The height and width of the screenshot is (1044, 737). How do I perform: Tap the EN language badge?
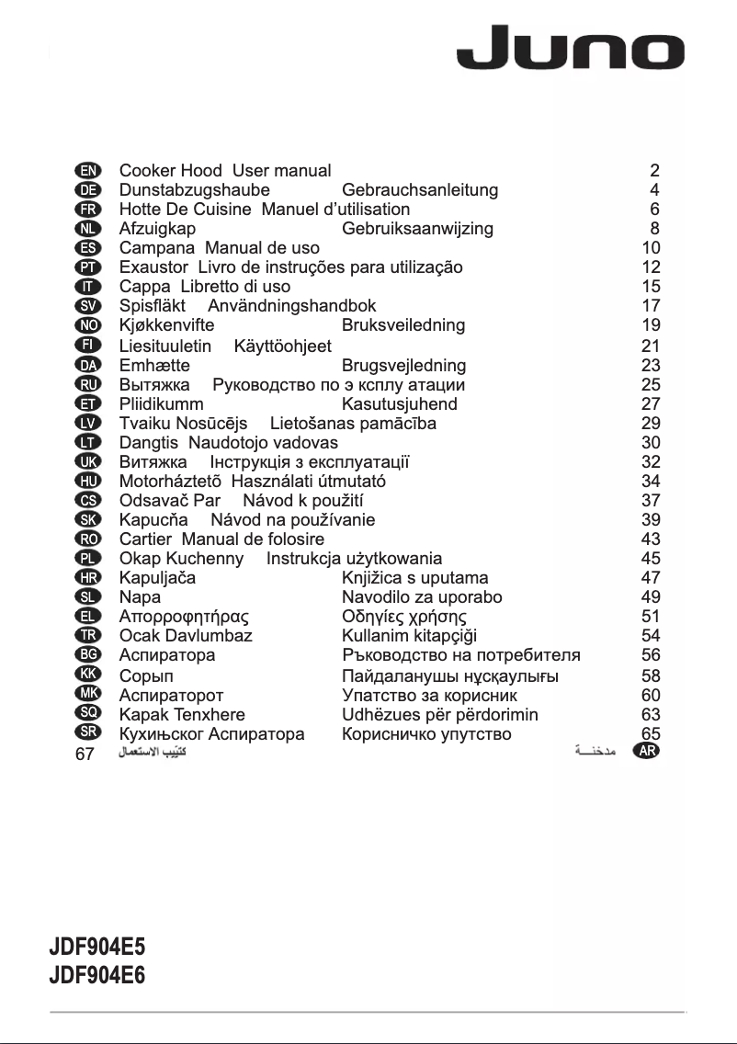[x=89, y=171]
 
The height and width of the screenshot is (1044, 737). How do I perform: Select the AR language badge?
[x=647, y=751]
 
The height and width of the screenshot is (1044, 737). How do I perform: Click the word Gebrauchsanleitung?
[x=420, y=190]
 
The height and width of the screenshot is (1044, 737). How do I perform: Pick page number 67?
[x=85, y=754]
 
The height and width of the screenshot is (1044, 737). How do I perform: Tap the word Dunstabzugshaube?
[x=195, y=190]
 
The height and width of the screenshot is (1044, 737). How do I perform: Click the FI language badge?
[x=89, y=345]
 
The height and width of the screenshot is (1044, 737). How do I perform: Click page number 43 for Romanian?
[x=651, y=539]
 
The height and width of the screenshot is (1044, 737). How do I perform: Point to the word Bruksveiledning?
[x=403, y=325]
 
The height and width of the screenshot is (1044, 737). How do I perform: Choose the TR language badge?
[x=89, y=635]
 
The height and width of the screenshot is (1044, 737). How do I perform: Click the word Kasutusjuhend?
[x=400, y=403]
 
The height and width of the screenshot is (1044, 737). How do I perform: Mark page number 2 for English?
[x=654, y=171]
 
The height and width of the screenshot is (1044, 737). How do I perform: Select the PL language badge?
[x=89, y=558]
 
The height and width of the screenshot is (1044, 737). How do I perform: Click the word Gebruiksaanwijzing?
[x=417, y=229]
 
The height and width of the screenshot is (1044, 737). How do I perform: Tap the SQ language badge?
[x=89, y=712]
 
